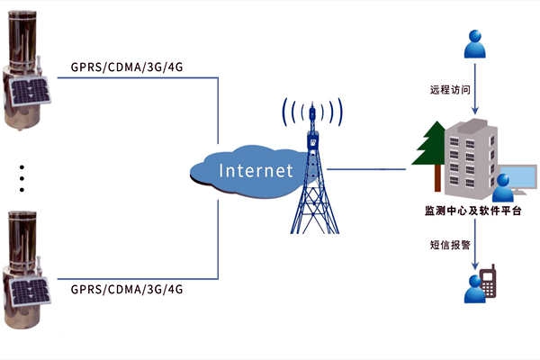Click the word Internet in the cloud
tap(256, 169)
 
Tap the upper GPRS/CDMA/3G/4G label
tap(126, 67)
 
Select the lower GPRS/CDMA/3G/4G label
tap(126, 290)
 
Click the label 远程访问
tap(451, 90)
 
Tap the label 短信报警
tap(451, 243)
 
